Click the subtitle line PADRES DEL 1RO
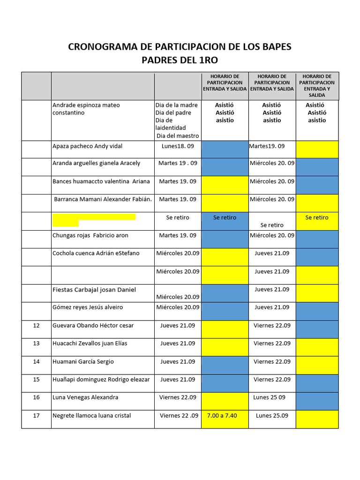pyautogui.click(x=180, y=60)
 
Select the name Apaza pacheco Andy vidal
pyautogui.click(x=87, y=146)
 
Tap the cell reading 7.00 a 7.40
pyautogui.click(x=225, y=416)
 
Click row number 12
pyautogui.click(x=37, y=325)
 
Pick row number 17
pyautogui.click(x=37, y=416)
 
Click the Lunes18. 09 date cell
pyautogui.click(x=178, y=146)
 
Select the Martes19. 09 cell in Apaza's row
pyautogui.click(x=267, y=146)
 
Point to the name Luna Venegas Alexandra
pyautogui.click(x=85, y=397)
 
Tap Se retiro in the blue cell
pyautogui.click(x=225, y=217)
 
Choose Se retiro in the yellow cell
pyautogui.click(x=317, y=217)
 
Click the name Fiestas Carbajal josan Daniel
pyautogui.click(x=94, y=290)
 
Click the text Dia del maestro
pyautogui.click(x=178, y=136)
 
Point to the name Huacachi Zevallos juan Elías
pyautogui.click(x=90, y=344)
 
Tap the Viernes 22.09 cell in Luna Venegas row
pyautogui.click(x=178, y=397)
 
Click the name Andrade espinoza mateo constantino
pyautogui.click(x=86, y=109)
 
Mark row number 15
pyautogui.click(x=37, y=379)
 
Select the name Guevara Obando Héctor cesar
pyautogui.click(x=93, y=325)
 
